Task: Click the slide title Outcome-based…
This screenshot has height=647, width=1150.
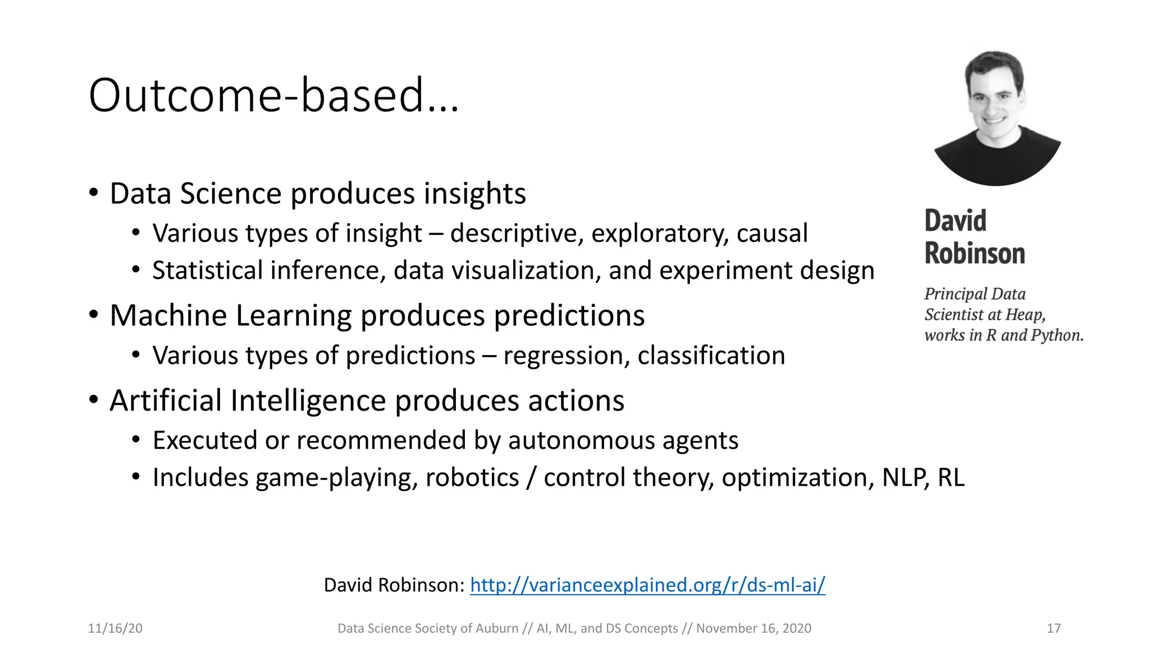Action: [273, 95]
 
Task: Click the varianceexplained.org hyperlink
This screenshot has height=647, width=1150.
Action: [647, 585]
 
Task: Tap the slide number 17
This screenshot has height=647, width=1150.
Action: [1053, 628]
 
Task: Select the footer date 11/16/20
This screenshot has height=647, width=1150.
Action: [115, 628]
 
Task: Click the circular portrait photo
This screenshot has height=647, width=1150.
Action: [997, 118]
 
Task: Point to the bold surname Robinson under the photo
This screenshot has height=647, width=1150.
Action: [974, 253]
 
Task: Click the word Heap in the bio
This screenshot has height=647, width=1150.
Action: [1026, 315]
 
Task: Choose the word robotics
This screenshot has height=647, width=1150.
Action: [472, 478]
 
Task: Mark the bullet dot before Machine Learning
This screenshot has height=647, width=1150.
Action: [94, 315]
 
